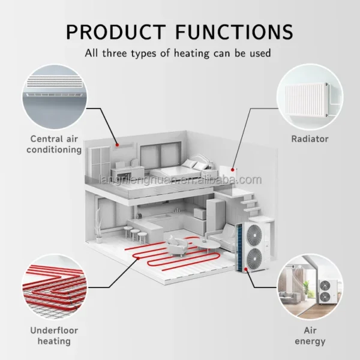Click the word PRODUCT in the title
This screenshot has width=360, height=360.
tap(116, 32)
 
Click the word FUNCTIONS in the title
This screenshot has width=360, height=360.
tap(234, 32)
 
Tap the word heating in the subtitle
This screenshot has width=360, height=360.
tap(192, 53)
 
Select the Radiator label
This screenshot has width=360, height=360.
tap(310, 139)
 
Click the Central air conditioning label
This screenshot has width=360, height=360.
tap(54, 144)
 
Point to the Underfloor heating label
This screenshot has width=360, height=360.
tap(54, 335)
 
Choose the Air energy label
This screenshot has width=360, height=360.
tap(310, 335)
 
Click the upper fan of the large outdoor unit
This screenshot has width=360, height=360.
tap(254, 235)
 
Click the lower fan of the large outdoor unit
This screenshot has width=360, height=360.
tap(254, 259)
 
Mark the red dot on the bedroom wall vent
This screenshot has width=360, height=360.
tap(117, 145)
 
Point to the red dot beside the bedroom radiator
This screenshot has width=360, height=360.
tap(233, 170)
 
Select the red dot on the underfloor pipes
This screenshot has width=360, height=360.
tap(139, 259)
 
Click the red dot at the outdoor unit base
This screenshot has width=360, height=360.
tap(245, 269)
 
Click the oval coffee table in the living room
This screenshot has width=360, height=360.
tap(208, 245)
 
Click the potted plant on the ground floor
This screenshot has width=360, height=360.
tap(99, 225)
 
